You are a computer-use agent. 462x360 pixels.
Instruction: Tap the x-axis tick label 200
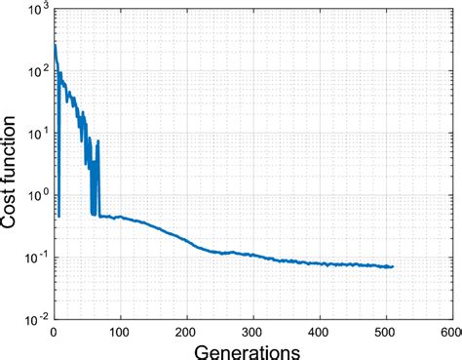tap(187, 334)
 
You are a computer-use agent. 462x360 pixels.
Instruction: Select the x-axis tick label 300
tap(253, 334)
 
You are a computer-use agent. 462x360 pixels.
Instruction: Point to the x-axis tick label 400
tap(321, 334)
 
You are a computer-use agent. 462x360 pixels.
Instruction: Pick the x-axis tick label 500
tap(387, 334)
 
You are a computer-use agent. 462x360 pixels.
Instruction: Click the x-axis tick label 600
tap(449, 334)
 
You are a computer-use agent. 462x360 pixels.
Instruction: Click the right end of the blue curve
tap(393, 266)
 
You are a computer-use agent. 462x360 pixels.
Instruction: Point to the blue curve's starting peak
tap(56, 44)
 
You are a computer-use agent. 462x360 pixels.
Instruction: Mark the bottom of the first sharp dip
tap(58, 216)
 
